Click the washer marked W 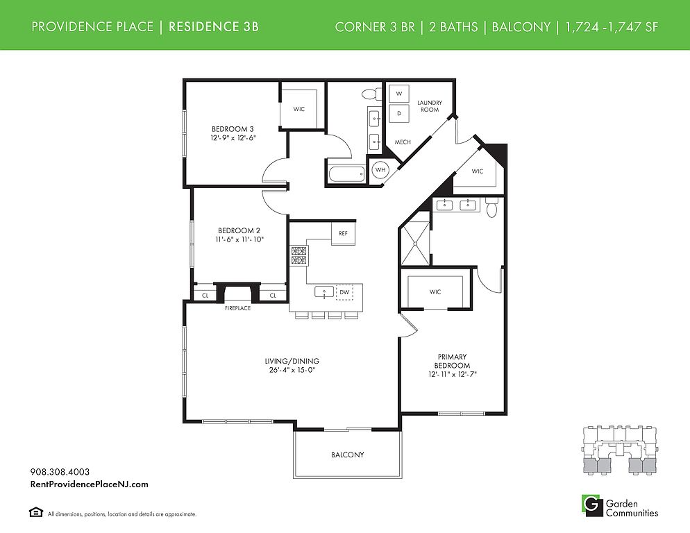pyautogui.click(x=399, y=94)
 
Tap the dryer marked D pyautogui.click(x=399, y=113)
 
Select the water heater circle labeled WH pyautogui.click(x=380, y=169)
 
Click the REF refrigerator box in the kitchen pyautogui.click(x=343, y=234)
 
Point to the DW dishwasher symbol pyautogui.click(x=344, y=291)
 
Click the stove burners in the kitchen pyautogui.click(x=299, y=255)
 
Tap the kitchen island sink pyautogui.click(x=324, y=291)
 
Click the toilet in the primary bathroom pyautogui.click(x=492, y=208)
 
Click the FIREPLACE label pyautogui.click(x=237, y=308)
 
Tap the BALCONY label pyautogui.click(x=348, y=455)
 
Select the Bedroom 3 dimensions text pyautogui.click(x=233, y=138)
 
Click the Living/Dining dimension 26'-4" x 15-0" pyautogui.click(x=292, y=370)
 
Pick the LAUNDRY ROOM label pyautogui.click(x=430, y=106)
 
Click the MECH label pyautogui.click(x=403, y=142)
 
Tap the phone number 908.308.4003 pyautogui.click(x=60, y=472)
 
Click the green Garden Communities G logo pyautogui.click(x=592, y=506)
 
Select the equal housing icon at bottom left pyautogui.click(x=36, y=512)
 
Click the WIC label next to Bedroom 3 pyautogui.click(x=298, y=109)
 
